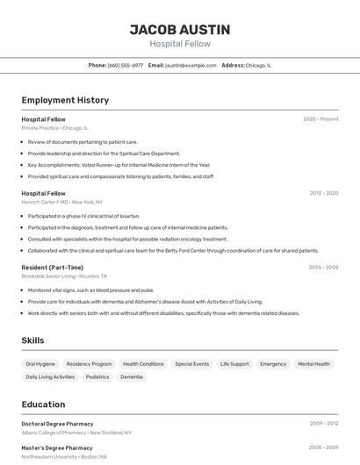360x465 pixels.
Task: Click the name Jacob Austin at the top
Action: coord(179,29)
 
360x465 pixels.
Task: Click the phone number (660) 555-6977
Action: coord(126,65)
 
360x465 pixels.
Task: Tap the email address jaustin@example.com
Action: coord(191,65)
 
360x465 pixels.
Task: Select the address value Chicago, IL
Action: coord(259,65)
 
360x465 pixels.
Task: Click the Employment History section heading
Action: coord(65,100)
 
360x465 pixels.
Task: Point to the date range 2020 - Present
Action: coord(320,119)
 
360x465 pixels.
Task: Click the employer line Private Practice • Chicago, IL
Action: coord(54,128)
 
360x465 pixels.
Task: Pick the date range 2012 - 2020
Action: coord(324,193)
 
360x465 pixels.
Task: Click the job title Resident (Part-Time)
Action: coord(53,268)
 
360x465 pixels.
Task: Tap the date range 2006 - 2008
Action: coord(323,268)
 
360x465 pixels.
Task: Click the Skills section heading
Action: coord(33,340)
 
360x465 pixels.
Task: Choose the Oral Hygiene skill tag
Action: coord(40,363)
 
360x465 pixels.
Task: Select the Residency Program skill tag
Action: coord(89,363)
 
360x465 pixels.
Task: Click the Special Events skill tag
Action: coord(192,363)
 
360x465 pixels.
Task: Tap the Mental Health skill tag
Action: coord(313,363)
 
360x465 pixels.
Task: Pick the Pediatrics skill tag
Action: coord(97,376)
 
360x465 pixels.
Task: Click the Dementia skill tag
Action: coord(132,376)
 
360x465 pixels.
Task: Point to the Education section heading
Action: coord(43,404)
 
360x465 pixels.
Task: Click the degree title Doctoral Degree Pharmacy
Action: coord(57,424)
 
